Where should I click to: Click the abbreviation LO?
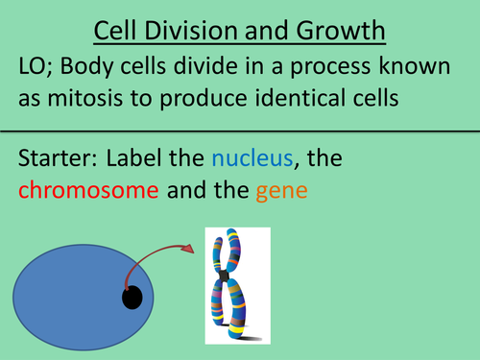pos(34,67)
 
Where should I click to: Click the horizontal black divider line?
pos(240,132)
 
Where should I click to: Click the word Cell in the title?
pos(118,34)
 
